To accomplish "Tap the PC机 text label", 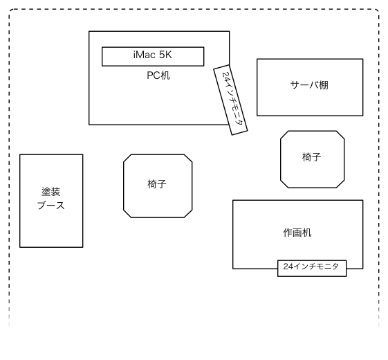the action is (158, 75).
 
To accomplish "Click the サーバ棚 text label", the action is (309, 85).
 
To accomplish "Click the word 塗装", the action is (50, 192).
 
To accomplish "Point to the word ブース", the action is (51, 206).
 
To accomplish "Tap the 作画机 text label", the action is (297, 233).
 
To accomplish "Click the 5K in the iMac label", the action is (165, 55).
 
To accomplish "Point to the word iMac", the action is (145, 55).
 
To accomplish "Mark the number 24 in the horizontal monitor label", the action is (288, 267).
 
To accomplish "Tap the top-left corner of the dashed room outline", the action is (10, 10).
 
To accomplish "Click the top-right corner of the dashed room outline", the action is (378, 10).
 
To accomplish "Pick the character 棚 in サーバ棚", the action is (324, 85).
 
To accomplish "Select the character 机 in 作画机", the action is (307, 233).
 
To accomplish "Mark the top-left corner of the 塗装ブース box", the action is (20, 154).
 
